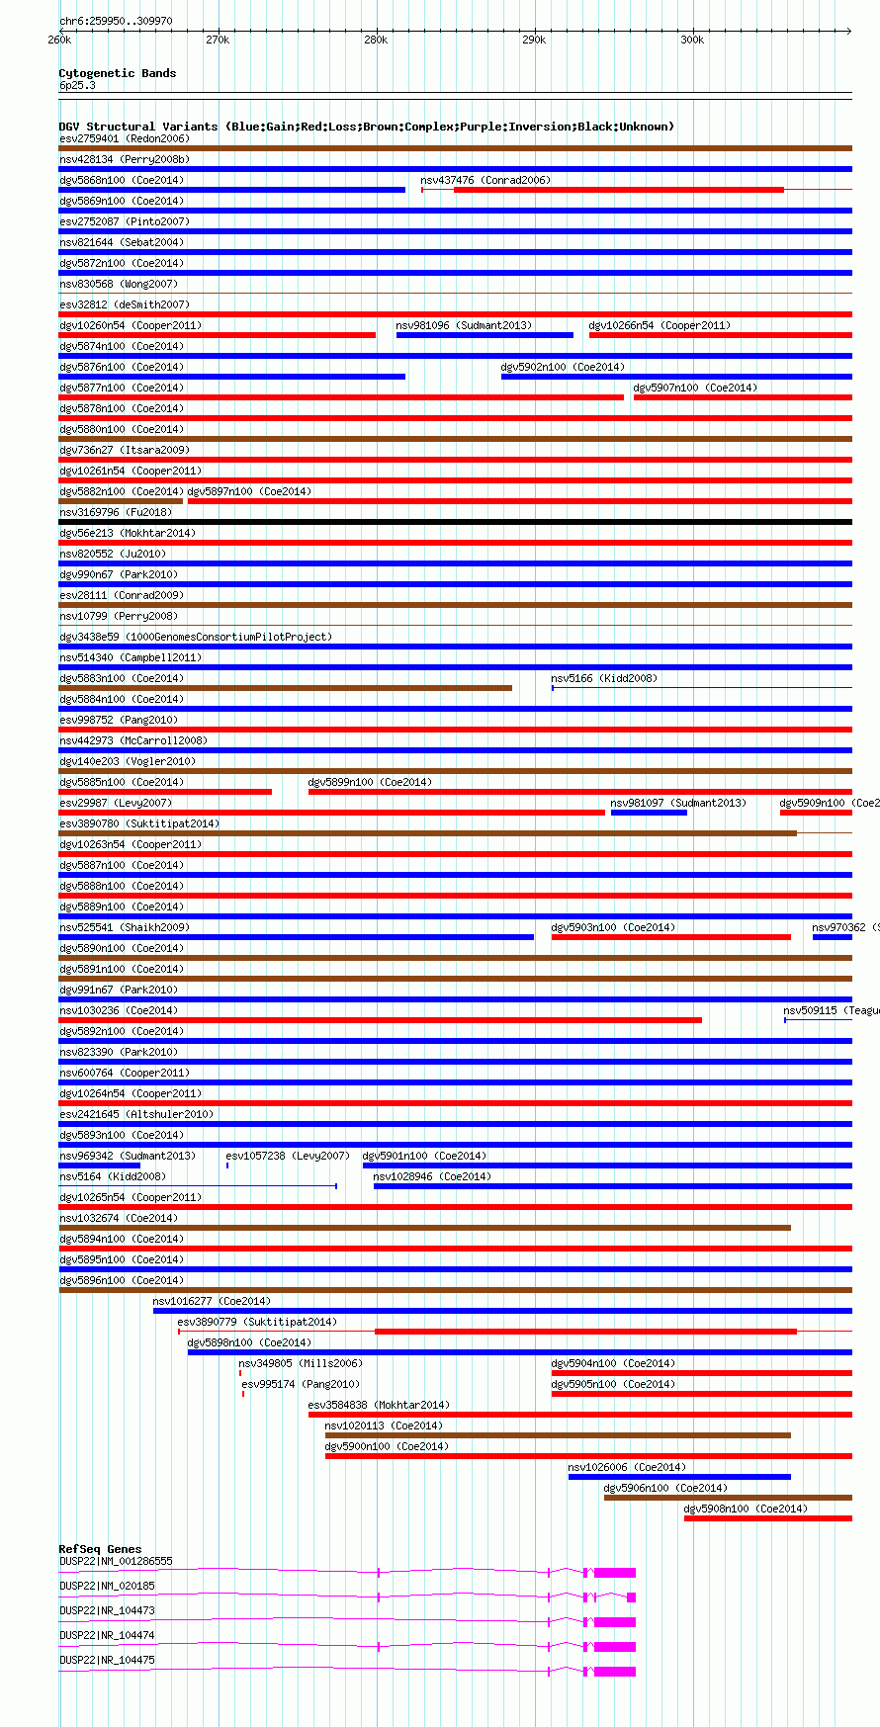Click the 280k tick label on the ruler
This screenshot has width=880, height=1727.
pyautogui.click(x=375, y=40)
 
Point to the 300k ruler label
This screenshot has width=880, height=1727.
pyautogui.click(x=691, y=40)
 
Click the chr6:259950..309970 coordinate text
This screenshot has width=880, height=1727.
pyautogui.click(x=116, y=21)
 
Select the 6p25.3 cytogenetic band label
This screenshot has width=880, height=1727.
pyautogui.click(x=77, y=86)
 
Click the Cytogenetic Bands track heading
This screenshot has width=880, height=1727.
pyautogui.click(x=117, y=73)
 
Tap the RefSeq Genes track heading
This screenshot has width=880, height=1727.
pyautogui.click(x=100, y=1549)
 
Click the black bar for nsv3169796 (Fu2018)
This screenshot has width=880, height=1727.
pyautogui.click(x=455, y=522)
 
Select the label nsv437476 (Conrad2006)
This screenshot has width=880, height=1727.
pyautogui.click(x=485, y=180)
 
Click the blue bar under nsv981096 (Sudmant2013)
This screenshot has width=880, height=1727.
pyautogui.click(x=484, y=335)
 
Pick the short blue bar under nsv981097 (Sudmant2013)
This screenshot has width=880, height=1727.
pyautogui.click(x=649, y=813)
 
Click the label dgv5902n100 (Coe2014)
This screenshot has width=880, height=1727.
pyautogui.click(x=563, y=367)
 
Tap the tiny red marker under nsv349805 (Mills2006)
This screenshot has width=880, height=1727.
pyautogui.click(x=240, y=1373)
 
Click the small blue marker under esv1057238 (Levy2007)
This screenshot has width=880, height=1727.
pyautogui.click(x=227, y=1166)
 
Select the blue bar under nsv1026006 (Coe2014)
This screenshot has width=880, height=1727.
pyautogui.click(x=679, y=1477)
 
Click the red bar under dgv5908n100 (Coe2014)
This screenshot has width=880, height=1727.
pyautogui.click(x=767, y=1518)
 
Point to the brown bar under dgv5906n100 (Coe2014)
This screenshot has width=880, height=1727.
pyautogui.click(x=728, y=1498)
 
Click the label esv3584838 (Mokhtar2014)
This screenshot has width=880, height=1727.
pyautogui.click(x=379, y=1405)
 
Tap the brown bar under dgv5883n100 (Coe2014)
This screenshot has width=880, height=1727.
pyautogui.click(x=285, y=688)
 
